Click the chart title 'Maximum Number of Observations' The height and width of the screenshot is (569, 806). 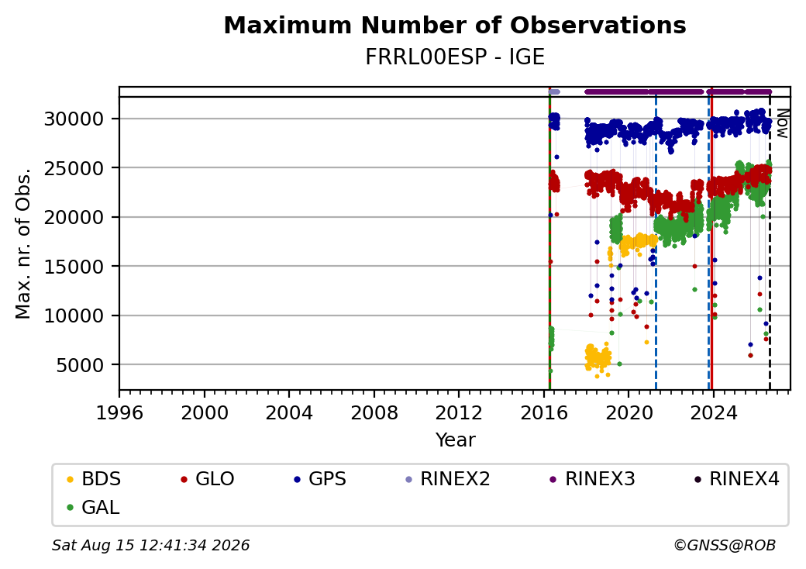click(x=455, y=25)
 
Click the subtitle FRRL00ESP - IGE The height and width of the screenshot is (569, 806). click(x=455, y=57)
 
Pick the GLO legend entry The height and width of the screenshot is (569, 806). click(x=208, y=479)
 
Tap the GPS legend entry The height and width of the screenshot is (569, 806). click(x=320, y=479)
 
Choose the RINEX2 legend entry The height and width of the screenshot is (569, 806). click(x=448, y=479)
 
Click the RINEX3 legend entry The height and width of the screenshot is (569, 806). click(x=592, y=479)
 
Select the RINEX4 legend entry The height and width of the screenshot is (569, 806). click(x=736, y=479)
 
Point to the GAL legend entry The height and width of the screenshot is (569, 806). click(x=94, y=507)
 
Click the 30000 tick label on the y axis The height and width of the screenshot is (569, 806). click(x=74, y=119)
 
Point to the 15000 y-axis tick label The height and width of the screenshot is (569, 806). click(x=74, y=267)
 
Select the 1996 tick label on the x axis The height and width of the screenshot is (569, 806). click(x=120, y=412)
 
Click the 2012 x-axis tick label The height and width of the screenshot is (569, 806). click(x=459, y=412)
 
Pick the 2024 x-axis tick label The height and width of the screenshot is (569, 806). click(x=713, y=412)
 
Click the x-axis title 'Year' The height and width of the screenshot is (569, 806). click(x=456, y=440)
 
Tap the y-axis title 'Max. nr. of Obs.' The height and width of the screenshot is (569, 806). click(x=23, y=243)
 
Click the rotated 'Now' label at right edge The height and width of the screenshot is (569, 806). click(x=782, y=123)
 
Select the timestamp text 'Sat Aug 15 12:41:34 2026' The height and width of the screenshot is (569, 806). click(x=151, y=545)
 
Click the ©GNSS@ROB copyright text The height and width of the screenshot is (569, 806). click(x=725, y=545)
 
